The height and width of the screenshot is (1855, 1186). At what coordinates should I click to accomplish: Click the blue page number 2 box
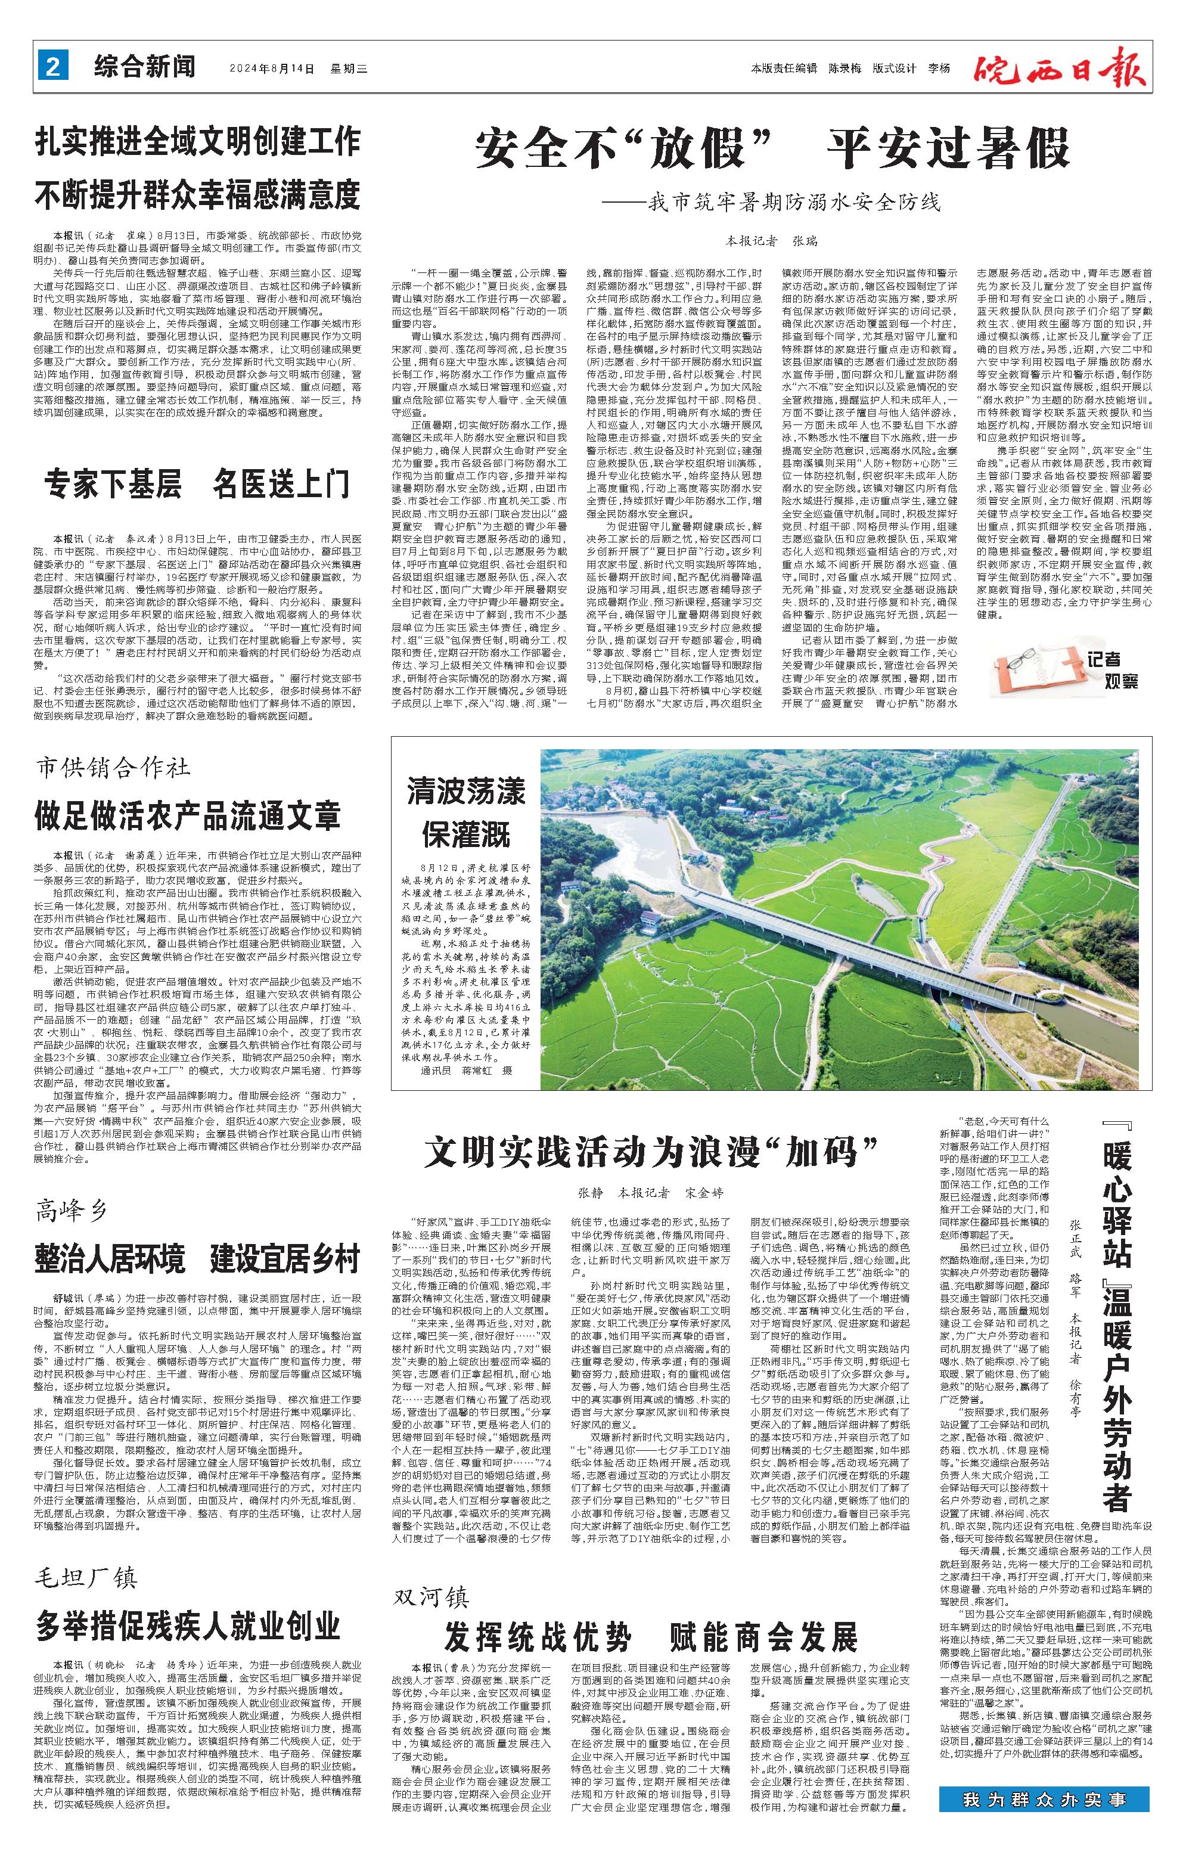(x=53, y=68)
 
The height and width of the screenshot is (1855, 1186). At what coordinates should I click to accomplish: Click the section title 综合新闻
(x=145, y=68)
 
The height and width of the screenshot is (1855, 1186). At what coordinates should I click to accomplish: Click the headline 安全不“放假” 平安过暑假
(x=772, y=148)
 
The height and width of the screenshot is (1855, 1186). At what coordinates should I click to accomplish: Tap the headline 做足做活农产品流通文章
(x=187, y=816)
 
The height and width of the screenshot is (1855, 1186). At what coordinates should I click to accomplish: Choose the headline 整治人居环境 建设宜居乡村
(x=197, y=1260)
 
